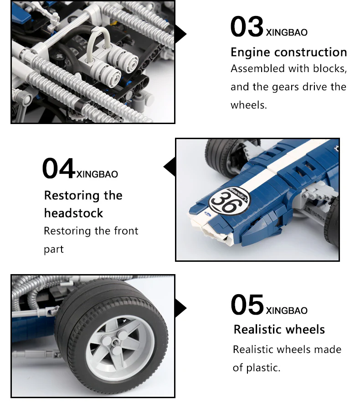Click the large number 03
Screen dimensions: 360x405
[x=247, y=26]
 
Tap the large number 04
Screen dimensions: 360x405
[x=59, y=168]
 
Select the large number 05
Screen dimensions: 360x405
[x=247, y=305]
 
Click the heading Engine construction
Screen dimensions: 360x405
[x=289, y=52]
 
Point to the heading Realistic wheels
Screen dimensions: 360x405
[x=279, y=330]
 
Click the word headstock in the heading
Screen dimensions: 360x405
[x=73, y=213]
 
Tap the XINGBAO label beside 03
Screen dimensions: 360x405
[x=287, y=32]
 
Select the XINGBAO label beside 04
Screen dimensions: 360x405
[x=97, y=174]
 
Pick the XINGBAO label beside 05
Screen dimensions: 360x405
[x=287, y=311]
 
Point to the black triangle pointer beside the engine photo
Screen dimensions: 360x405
[x=180, y=34]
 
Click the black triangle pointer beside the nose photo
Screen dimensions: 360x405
[x=169, y=167]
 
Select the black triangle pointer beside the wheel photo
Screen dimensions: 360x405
[x=180, y=308]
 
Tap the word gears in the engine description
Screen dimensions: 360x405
[x=285, y=88]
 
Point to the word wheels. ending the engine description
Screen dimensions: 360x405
[x=249, y=105]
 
